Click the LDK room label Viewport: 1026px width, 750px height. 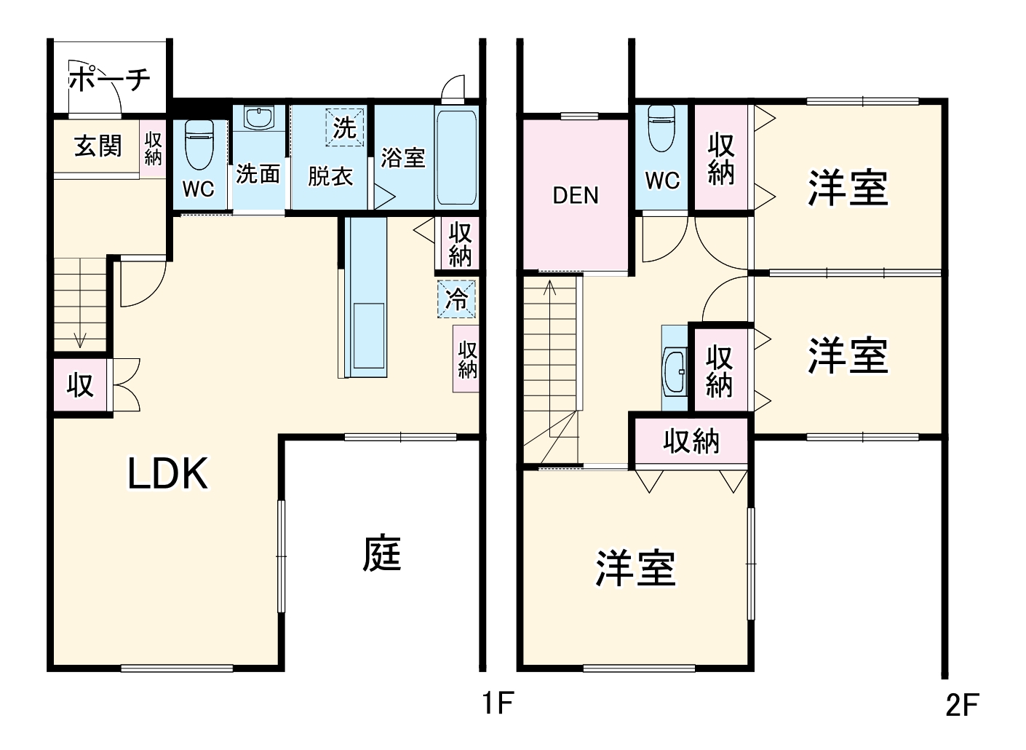tap(168, 474)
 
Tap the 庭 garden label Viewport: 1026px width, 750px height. tap(382, 553)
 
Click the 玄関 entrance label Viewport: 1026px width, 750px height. tap(98, 146)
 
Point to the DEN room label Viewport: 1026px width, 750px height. tap(576, 195)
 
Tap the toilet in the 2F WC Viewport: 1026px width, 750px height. tap(661, 128)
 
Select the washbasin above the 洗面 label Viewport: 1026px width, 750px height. tap(259, 118)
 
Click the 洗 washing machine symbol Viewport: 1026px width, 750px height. tap(344, 127)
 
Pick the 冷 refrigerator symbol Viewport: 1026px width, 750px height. tap(457, 299)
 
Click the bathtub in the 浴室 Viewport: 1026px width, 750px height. tap(456, 157)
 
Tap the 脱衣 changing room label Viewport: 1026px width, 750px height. tap(330, 176)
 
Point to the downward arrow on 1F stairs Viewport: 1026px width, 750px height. tap(80, 339)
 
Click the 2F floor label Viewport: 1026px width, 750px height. tap(962, 705)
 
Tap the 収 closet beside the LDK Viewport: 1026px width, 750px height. tap(80, 385)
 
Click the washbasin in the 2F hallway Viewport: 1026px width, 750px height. tap(675, 371)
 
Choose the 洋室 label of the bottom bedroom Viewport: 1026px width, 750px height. tap(635, 569)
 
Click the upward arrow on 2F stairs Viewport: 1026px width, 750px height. tap(550, 288)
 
